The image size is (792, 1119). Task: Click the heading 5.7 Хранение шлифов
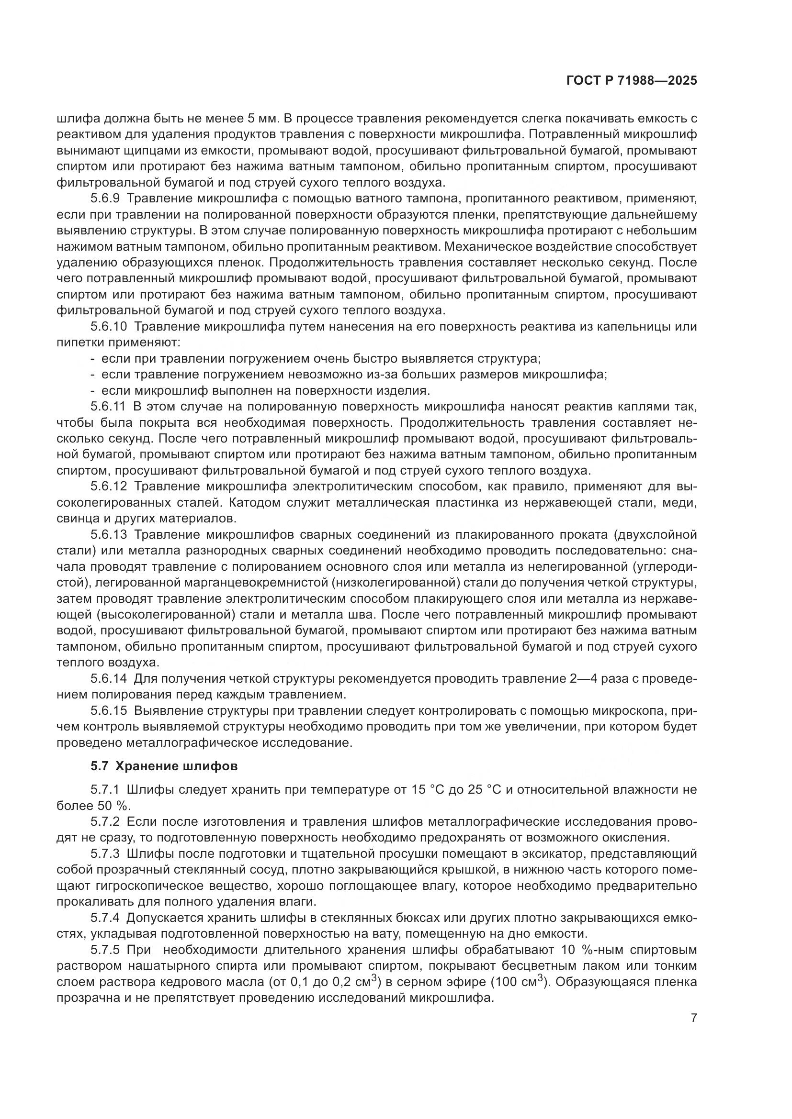[164, 766]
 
